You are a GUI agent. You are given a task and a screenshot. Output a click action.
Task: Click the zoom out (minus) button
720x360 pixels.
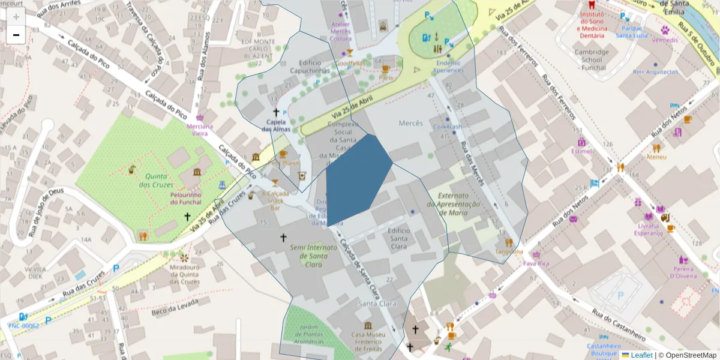(x=16, y=35)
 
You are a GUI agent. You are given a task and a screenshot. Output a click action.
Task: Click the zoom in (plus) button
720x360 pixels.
(x=16, y=17)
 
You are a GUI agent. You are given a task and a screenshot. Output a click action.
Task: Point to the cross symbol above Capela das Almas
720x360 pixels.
(x=276, y=112)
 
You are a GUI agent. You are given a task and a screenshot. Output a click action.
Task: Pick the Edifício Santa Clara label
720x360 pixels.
(x=398, y=238)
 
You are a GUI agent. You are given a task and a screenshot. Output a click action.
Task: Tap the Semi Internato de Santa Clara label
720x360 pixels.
(x=308, y=255)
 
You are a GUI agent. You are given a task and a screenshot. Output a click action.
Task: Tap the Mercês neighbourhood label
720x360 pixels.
(x=411, y=123)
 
